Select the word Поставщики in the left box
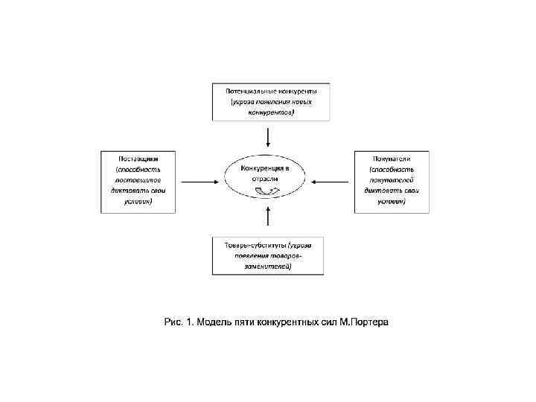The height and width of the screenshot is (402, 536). (138, 159)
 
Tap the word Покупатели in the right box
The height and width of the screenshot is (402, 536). (392, 159)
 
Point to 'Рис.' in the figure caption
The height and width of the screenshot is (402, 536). (173, 322)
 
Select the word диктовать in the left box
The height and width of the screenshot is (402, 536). (124, 191)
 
